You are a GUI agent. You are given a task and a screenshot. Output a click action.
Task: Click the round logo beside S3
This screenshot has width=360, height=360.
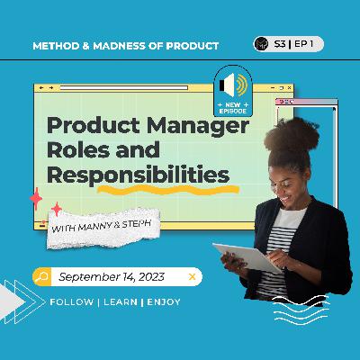click(x=261, y=44)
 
